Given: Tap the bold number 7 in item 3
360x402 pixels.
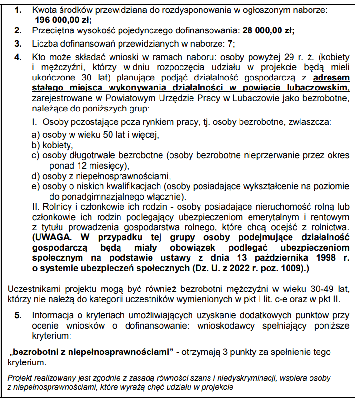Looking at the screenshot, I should [231, 44].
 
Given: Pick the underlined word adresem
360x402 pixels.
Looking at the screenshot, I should [331, 78].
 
